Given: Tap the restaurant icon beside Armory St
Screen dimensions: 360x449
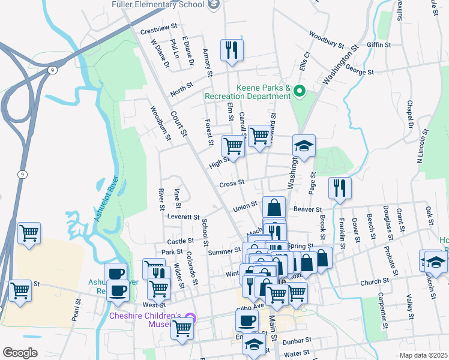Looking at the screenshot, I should (x=231, y=50).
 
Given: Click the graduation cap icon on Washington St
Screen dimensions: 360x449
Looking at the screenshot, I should (x=304, y=146).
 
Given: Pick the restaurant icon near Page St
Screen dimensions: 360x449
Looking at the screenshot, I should (x=340, y=188).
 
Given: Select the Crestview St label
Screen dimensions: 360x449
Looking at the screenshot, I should (x=160, y=28).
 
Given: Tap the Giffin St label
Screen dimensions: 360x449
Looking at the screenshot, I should (x=379, y=45).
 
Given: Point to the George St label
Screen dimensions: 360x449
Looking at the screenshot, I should (x=360, y=71).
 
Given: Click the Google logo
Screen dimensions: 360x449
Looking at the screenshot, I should (x=20, y=353).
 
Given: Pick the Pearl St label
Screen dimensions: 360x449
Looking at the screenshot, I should (x=76, y=309).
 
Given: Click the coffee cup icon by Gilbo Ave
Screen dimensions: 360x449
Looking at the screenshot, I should (x=246, y=320).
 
